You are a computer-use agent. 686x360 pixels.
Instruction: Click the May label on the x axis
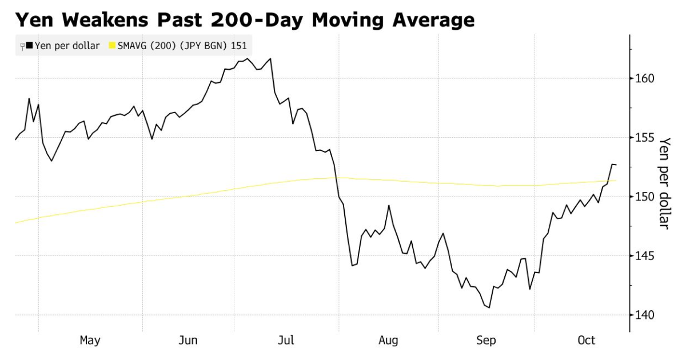pos(90,341)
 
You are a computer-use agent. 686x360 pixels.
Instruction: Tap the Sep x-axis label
pos(486,341)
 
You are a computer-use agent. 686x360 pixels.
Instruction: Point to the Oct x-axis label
pos(587,341)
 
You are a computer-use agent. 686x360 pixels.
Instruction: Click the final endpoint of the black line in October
pos(616,165)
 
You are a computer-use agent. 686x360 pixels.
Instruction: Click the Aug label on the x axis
pos(388,341)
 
